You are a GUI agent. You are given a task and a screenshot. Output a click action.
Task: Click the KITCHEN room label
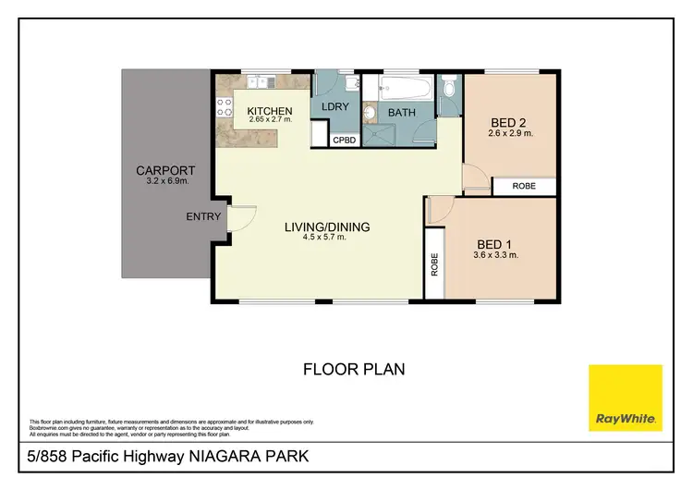coord(270,111)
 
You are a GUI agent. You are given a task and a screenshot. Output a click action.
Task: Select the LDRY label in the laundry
coord(334,107)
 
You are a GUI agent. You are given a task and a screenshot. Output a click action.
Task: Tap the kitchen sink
coord(256,83)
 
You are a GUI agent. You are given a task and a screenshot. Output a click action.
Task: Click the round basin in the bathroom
coord(369,114)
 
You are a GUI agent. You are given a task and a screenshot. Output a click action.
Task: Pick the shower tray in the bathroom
coord(380,135)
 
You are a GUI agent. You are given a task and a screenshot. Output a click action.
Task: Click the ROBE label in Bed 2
coord(524,186)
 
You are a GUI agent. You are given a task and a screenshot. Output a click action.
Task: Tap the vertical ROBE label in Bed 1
coord(432,265)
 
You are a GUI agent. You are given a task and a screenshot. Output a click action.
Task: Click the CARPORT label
coord(165,170)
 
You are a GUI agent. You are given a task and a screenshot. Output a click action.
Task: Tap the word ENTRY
coord(203,217)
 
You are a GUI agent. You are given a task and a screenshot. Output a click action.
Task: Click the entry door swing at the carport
coord(237,220)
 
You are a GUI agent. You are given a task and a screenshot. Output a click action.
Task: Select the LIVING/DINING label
coord(323,226)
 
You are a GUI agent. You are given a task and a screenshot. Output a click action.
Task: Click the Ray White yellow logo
coord(626,397)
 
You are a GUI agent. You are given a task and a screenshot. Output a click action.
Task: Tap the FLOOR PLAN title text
coord(354,369)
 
